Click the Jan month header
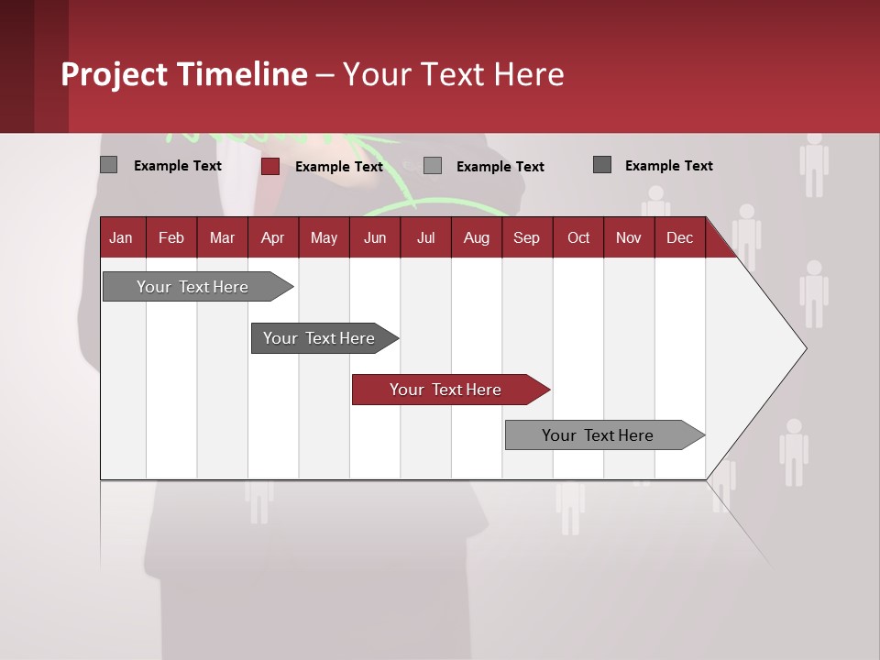[x=121, y=237]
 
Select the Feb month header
[x=171, y=237]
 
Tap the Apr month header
[x=272, y=237]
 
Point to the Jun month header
[x=375, y=237]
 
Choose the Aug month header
[x=476, y=237]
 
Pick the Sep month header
[x=526, y=237]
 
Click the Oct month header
[x=578, y=237]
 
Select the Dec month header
[x=679, y=237]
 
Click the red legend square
[x=270, y=166]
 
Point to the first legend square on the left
[x=108, y=165]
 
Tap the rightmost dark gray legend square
[x=602, y=165]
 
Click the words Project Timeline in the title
[x=183, y=74]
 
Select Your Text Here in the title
[x=453, y=74]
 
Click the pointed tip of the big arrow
[x=804, y=348]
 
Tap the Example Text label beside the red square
[x=338, y=167]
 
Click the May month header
[x=324, y=237]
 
